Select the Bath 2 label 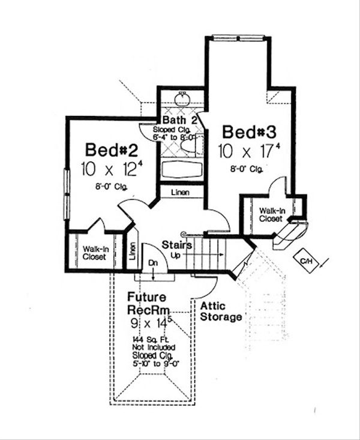pyautogui.click(x=180, y=120)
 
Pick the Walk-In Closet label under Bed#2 pyautogui.click(x=94, y=253)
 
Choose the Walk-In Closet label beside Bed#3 pyautogui.click(x=272, y=215)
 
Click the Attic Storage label pyautogui.click(x=221, y=311)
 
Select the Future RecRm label pyautogui.click(x=148, y=304)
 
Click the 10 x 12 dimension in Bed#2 pyautogui.click(x=110, y=169)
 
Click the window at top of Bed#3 pyautogui.click(x=239, y=38)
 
